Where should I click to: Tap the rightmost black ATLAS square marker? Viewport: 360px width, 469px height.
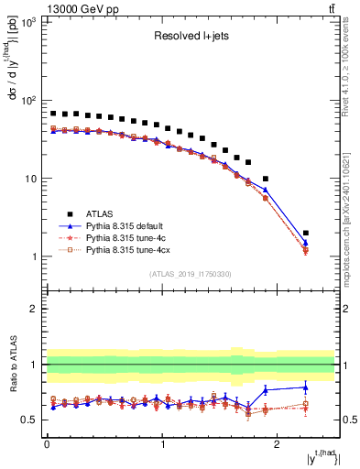point(306,233)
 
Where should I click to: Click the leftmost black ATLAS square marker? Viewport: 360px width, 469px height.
point(53,114)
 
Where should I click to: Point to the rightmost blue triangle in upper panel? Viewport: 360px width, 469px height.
point(306,243)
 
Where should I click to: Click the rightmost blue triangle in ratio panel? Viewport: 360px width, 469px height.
point(306,387)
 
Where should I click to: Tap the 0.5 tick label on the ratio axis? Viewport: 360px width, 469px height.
point(29,420)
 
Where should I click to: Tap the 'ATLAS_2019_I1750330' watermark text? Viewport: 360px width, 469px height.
point(190,274)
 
